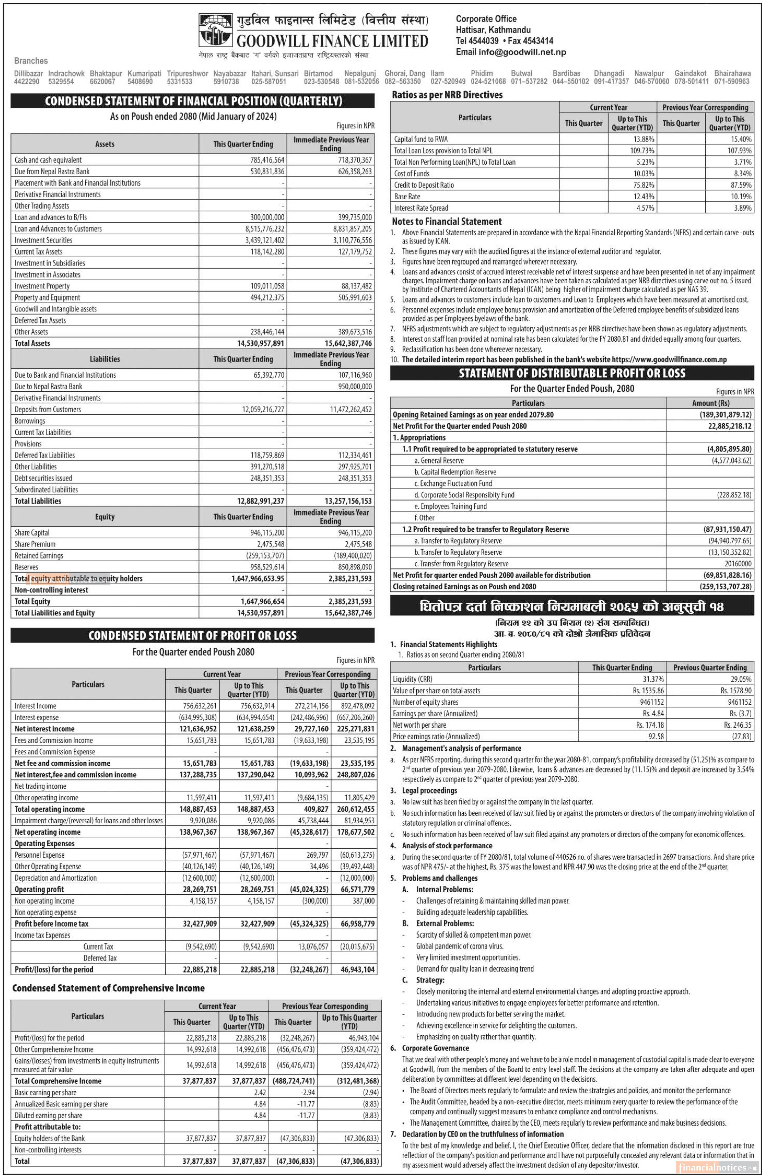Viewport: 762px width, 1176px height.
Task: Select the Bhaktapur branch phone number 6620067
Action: [x=102, y=81]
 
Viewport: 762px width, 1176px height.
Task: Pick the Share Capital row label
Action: [x=32, y=533]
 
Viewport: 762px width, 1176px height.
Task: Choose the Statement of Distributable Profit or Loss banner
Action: [x=572, y=373]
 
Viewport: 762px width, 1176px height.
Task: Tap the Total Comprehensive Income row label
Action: [x=58, y=1081]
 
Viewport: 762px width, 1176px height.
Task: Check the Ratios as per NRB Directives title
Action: [x=447, y=95]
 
